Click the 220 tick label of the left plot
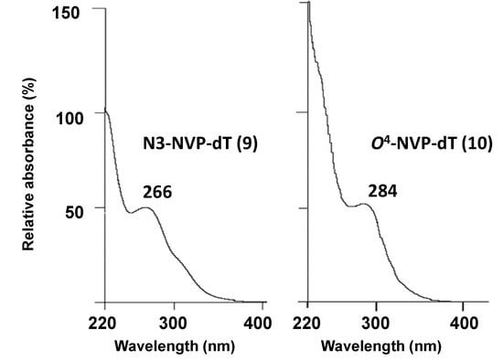point(105,323)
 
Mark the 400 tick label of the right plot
point(465,323)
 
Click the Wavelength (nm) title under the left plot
point(182,347)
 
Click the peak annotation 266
point(157,191)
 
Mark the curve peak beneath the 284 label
point(363,204)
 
